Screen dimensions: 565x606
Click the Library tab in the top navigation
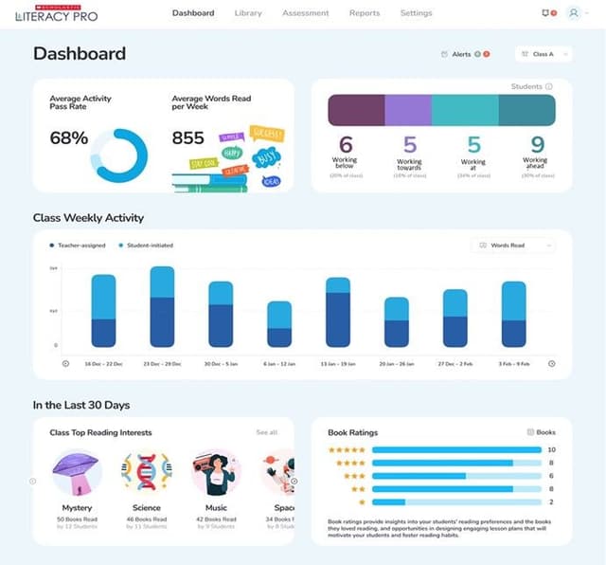tap(248, 13)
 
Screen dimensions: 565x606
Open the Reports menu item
tap(364, 13)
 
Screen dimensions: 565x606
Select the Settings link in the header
tap(416, 13)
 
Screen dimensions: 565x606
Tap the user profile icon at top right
tap(574, 13)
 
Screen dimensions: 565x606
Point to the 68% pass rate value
tap(69, 138)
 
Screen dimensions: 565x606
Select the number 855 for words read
tap(187, 138)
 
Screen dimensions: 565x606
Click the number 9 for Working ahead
tap(537, 145)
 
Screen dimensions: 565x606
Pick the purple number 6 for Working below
tap(346, 145)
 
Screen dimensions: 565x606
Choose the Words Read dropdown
tap(512, 246)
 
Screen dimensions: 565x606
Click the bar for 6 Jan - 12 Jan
tap(279, 324)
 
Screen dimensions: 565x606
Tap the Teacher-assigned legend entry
tap(79, 246)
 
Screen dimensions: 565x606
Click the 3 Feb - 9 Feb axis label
tap(513, 364)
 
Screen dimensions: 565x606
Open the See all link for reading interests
tap(267, 432)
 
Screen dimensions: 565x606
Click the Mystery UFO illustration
tap(77, 472)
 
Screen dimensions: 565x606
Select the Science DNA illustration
tap(147, 472)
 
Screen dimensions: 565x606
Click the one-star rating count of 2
tap(551, 501)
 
